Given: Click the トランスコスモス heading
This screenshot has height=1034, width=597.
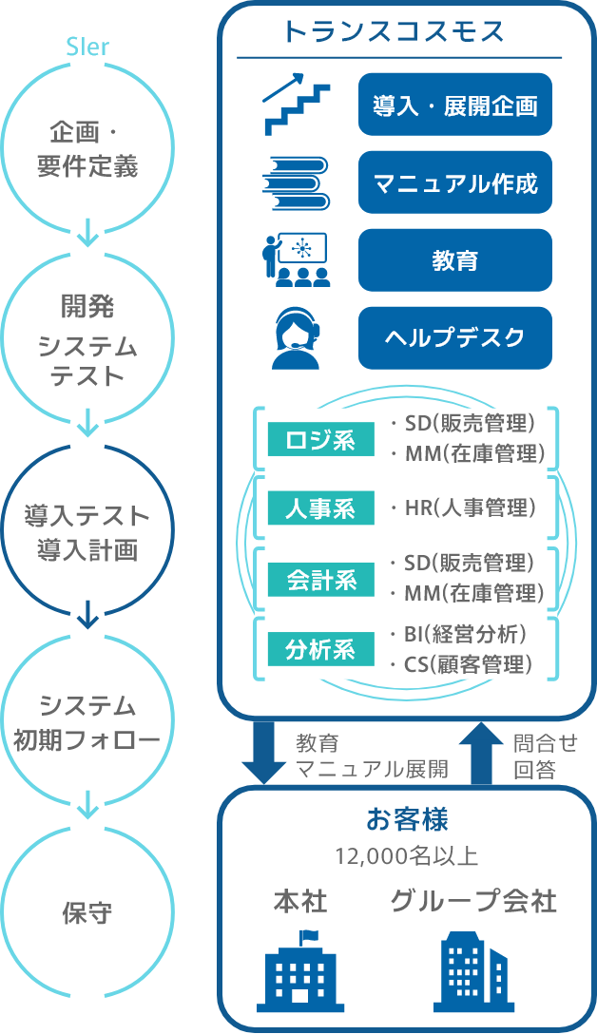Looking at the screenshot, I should tap(394, 32).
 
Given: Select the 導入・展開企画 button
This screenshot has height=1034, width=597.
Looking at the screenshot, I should tap(454, 105).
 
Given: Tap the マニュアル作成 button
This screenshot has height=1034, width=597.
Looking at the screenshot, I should tap(454, 182).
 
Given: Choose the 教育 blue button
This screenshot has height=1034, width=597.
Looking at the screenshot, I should tap(454, 259).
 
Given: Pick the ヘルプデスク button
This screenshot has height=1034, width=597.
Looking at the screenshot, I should tap(454, 337).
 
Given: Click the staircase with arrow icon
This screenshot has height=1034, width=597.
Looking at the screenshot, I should tap(296, 105).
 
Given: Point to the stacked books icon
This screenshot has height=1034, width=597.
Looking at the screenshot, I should tap(296, 182).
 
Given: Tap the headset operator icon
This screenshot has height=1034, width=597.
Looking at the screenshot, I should tap(296, 339).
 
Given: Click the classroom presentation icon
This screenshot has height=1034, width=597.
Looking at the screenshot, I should tap(296, 259).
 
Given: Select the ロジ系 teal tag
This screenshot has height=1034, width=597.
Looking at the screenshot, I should tap(320, 440).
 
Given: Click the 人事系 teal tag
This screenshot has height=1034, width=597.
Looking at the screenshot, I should tap(320, 508).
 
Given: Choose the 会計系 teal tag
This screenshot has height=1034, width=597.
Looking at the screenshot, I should tap(320, 579).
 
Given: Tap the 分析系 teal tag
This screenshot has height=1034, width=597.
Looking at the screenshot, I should tap(320, 649).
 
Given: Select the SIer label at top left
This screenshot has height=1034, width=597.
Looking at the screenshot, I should tap(87, 47).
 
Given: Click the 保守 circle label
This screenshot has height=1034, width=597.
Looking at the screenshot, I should tap(87, 913).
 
